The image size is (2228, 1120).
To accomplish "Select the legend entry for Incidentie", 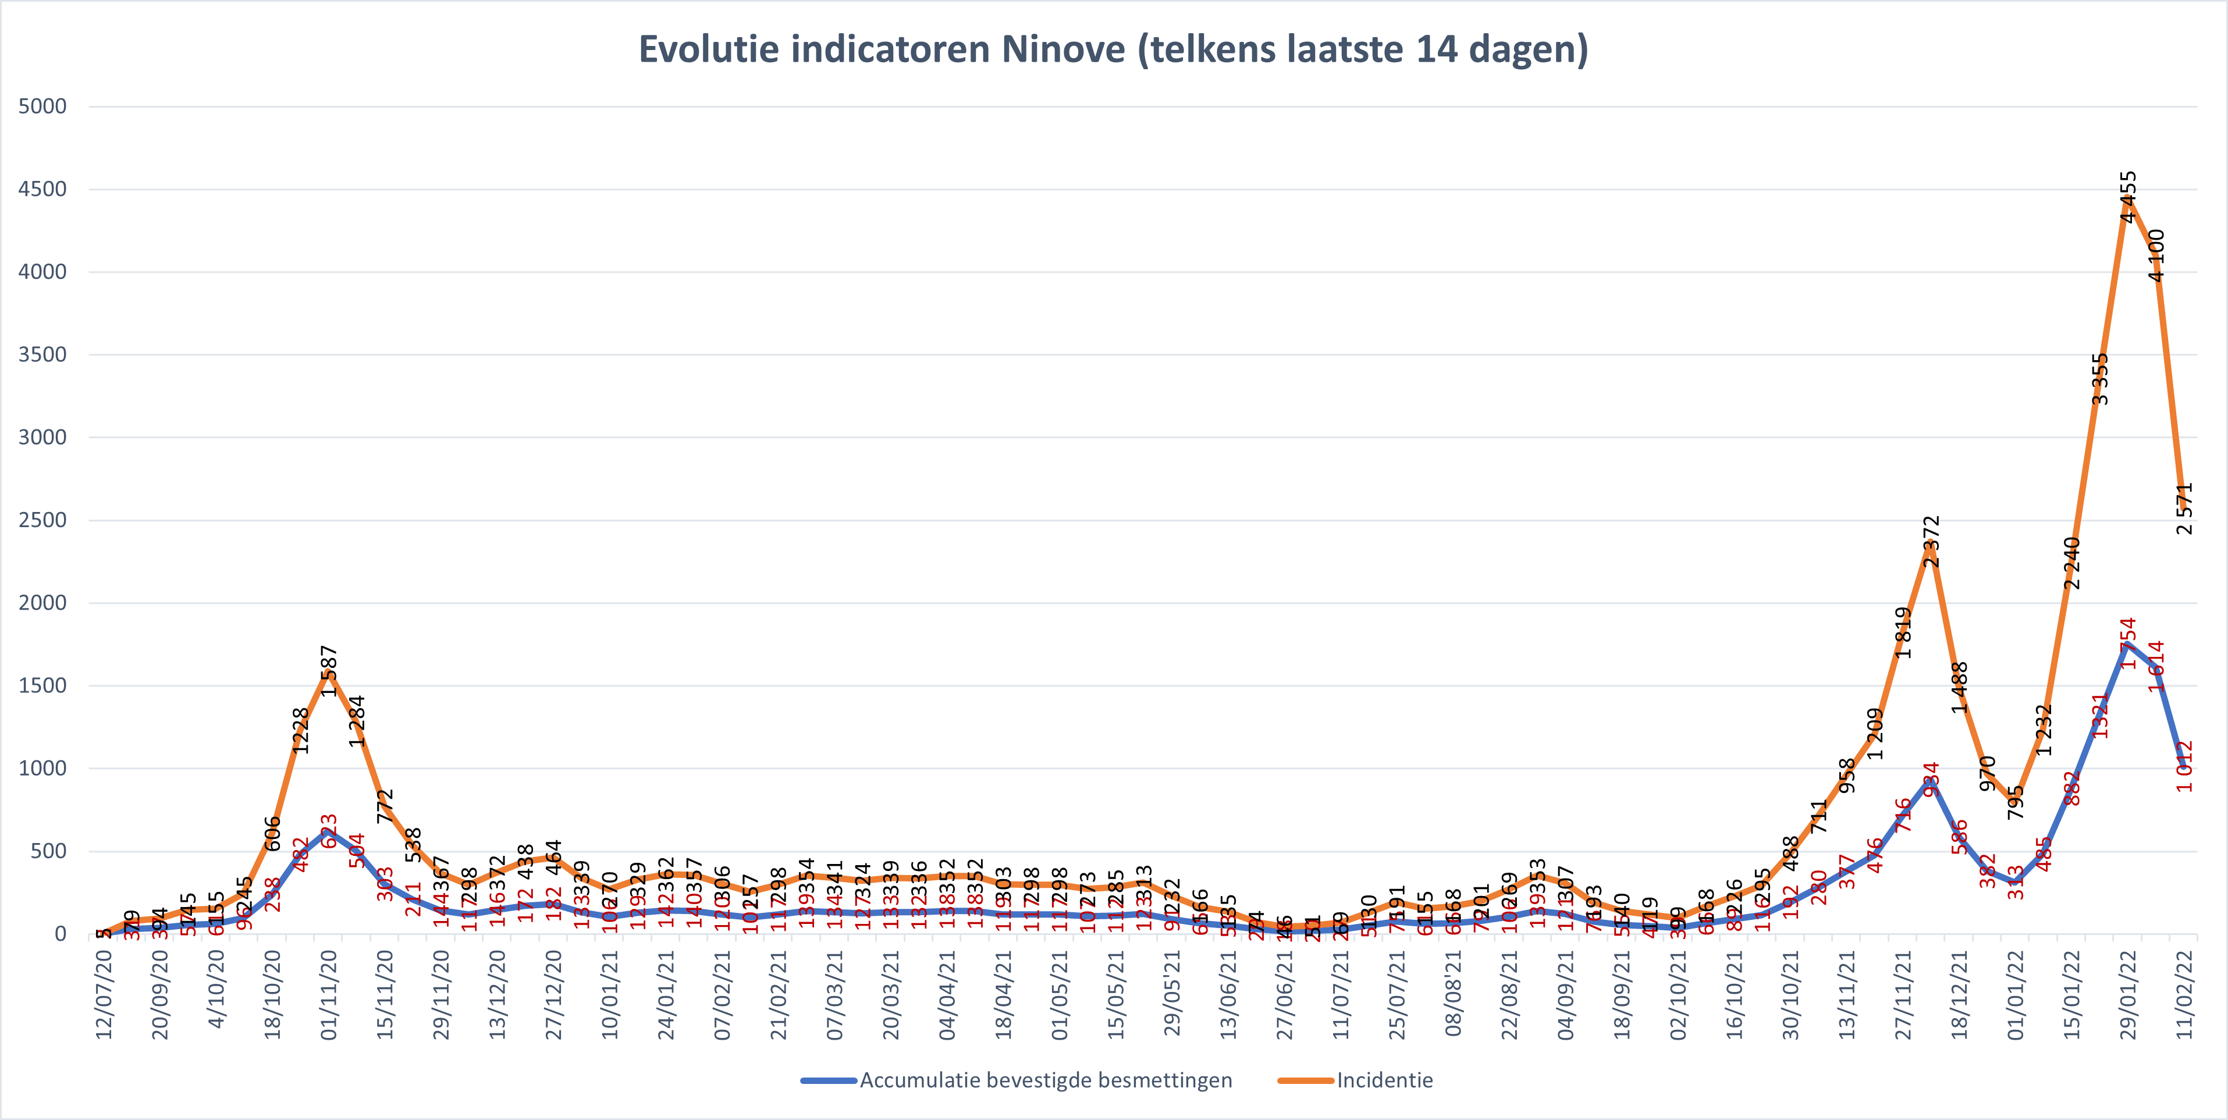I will [x=1384, y=1080].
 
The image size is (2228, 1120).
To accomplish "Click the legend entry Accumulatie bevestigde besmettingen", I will [x=1045, y=1080].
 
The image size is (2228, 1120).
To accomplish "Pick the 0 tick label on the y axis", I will [x=60, y=933].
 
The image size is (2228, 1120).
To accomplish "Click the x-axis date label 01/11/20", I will [x=329, y=994].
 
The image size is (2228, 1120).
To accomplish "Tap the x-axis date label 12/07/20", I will [x=104, y=994].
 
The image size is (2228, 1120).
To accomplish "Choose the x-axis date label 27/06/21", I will [x=1284, y=994].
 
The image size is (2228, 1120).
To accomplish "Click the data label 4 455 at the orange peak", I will [x=2128, y=197].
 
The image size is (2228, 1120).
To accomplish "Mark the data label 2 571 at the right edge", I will [x=2185, y=509].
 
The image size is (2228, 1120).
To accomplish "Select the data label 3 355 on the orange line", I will [x=2100, y=379].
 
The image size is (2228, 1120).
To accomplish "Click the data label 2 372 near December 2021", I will [x=1931, y=542].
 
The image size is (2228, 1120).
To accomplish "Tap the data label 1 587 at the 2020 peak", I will [x=329, y=671].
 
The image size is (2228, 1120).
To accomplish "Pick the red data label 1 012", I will [x=2185, y=766].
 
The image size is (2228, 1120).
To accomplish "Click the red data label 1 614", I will [x=2156, y=666].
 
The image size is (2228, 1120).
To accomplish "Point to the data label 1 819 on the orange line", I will [x=1903, y=632].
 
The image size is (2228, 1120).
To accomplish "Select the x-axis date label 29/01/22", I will [x=2128, y=994].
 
